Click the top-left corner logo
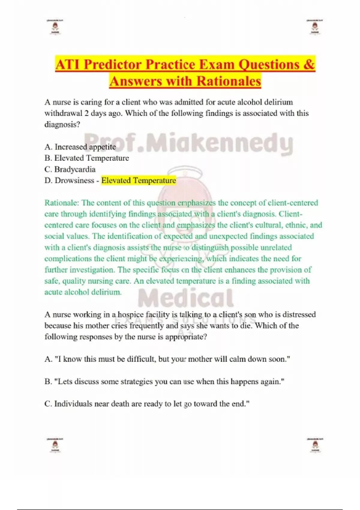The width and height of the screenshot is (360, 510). tap(55, 27)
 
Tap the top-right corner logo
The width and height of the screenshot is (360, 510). tap(315, 27)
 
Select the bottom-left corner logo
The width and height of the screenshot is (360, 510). tap(55, 445)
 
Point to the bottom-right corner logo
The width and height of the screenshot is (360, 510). tap(315, 445)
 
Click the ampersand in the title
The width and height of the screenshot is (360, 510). tap(309, 64)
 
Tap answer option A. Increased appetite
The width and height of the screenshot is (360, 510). tap(80, 147)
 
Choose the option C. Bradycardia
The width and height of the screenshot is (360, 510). tap(70, 169)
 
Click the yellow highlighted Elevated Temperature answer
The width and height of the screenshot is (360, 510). tap(139, 181)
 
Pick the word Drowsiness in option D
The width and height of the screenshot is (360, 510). tap(74, 181)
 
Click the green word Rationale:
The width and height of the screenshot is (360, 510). tap(62, 203)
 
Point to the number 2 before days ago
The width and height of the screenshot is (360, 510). tap(86, 113)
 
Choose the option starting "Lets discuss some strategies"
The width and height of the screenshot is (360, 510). tap(164, 382)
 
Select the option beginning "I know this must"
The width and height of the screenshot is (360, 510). tap(167, 359)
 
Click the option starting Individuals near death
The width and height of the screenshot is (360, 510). tap(147, 404)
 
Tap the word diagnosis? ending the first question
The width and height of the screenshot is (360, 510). tap(62, 124)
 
